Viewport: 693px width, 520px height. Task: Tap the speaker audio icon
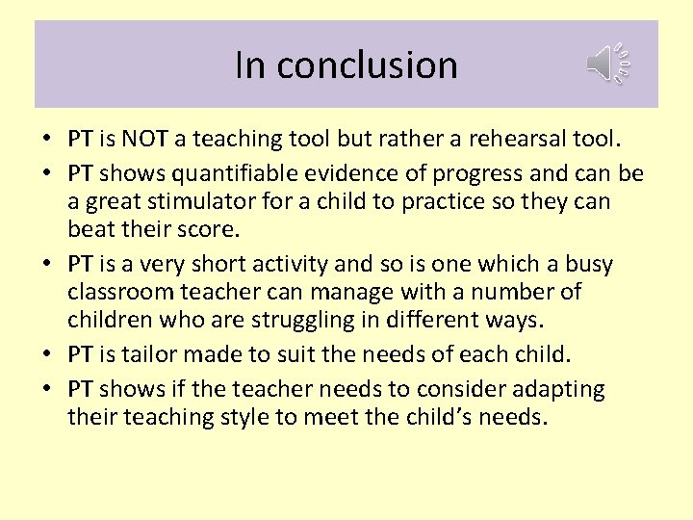607,64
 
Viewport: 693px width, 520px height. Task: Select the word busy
615,264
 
